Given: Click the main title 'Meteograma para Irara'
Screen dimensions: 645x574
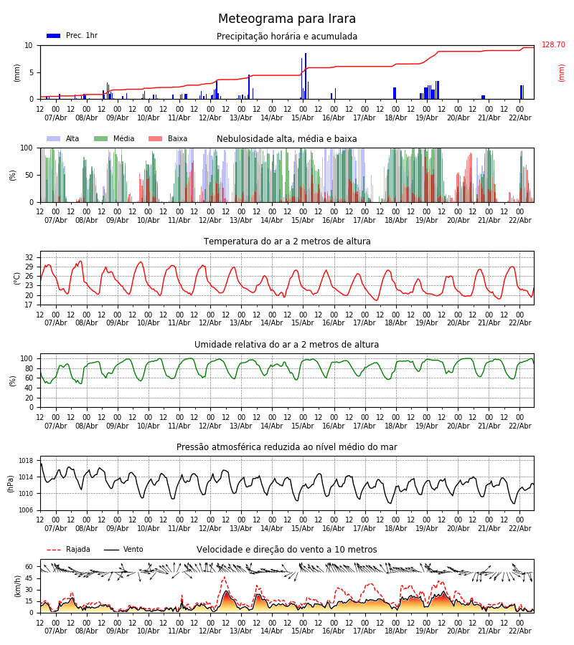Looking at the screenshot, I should (x=287, y=19).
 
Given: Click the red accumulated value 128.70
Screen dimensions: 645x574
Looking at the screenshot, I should (x=553, y=45).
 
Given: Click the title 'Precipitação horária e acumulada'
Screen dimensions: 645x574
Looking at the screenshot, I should (x=287, y=37).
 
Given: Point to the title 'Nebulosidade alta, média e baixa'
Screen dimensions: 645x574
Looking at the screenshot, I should (x=287, y=139).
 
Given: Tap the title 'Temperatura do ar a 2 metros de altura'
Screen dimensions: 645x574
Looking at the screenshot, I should (x=287, y=242).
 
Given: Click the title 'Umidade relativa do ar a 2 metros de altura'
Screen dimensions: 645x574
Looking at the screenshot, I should (x=287, y=345).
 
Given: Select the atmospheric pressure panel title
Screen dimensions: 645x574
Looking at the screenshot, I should (x=287, y=447).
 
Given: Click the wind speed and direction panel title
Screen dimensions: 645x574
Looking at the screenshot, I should (x=287, y=550).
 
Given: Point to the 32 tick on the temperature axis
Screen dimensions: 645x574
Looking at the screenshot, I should (x=29, y=257).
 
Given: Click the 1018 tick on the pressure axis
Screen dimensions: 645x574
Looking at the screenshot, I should (x=26, y=461).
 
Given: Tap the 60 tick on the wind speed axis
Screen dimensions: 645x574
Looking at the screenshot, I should (x=29, y=566).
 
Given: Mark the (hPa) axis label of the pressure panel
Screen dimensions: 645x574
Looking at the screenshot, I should (x=11, y=483).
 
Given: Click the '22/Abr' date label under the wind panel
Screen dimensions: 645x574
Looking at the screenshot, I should (x=520, y=631).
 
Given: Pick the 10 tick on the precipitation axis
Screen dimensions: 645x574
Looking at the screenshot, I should (x=29, y=45).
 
